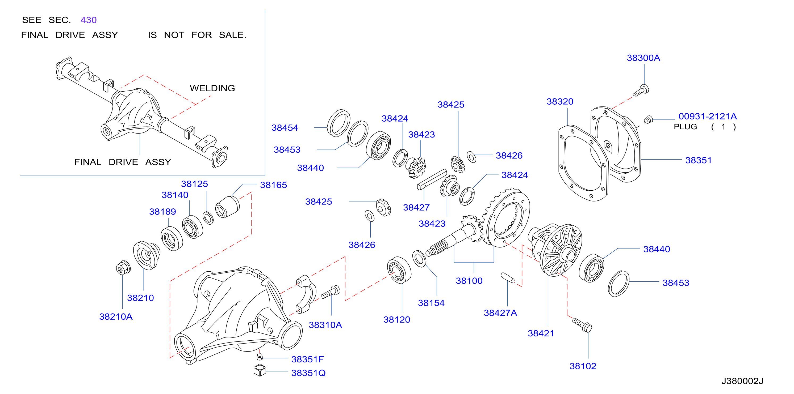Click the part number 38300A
643,58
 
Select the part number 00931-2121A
707,116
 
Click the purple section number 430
89,20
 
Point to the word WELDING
212,88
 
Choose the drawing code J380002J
742,381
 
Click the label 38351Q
308,373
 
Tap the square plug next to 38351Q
260,370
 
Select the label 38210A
116,317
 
